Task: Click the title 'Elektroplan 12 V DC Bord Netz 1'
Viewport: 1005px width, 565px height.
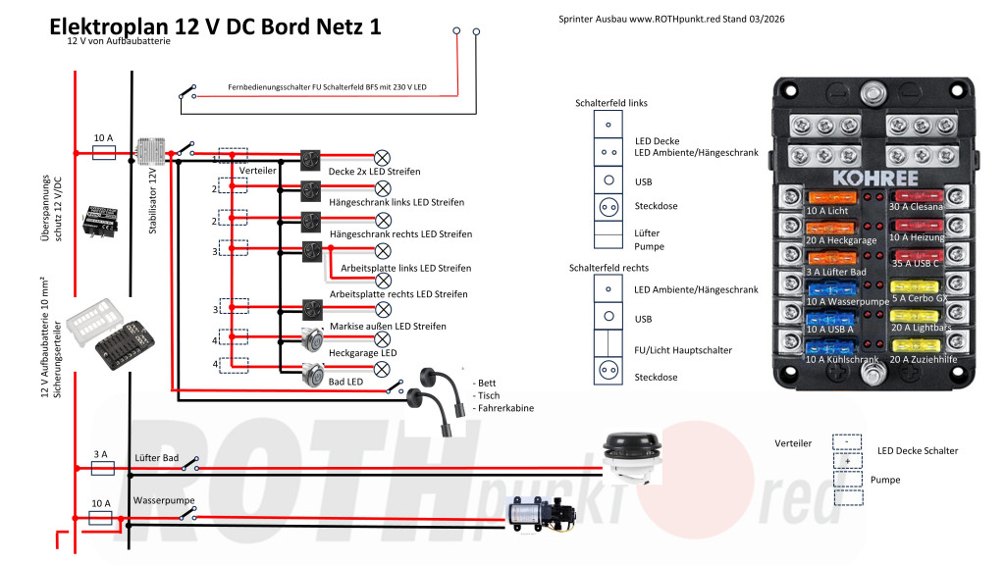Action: pos(215,27)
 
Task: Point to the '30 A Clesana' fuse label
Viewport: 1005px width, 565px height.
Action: pos(917,207)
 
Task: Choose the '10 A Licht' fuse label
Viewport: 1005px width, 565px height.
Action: pos(826,211)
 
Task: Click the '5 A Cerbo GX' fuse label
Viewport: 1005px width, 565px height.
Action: pos(919,297)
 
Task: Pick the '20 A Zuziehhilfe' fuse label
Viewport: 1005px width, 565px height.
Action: pos(923,360)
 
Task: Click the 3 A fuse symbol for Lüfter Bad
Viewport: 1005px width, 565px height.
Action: pos(102,469)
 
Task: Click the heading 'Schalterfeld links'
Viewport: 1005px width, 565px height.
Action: pos(610,103)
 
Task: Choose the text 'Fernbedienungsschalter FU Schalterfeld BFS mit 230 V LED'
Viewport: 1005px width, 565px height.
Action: pos(327,87)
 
